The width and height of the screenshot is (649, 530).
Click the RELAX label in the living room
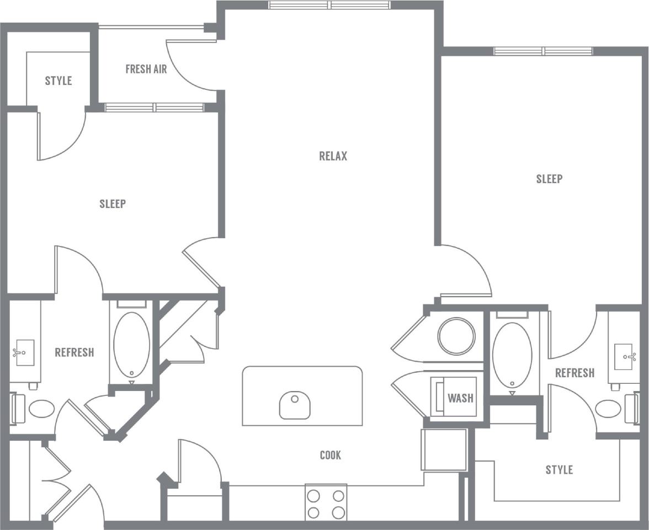point(333,156)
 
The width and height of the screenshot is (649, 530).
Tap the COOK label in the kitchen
point(330,455)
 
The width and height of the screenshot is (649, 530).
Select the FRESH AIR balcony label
point(146,69)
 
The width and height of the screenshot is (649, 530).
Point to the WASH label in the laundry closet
point(460,398)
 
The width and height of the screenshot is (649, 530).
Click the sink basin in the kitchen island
point(294,405)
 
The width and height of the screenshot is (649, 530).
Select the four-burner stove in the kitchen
point(326,502)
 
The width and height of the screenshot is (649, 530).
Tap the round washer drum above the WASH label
point(456,336)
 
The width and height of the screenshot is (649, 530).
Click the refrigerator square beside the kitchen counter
point(444,449)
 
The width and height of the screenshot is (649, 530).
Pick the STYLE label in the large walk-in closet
point(559,470)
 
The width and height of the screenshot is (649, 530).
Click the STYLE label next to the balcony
point(58,81)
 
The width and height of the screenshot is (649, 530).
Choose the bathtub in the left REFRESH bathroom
point(131,345)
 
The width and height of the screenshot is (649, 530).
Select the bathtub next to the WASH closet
point(512,354)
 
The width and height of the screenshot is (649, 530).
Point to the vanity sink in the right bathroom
point(625,356)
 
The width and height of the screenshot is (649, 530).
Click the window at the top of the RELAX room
point(329,5)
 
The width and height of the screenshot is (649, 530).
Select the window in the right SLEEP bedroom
point(543,51)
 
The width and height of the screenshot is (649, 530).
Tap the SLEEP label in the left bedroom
point(113,204)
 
